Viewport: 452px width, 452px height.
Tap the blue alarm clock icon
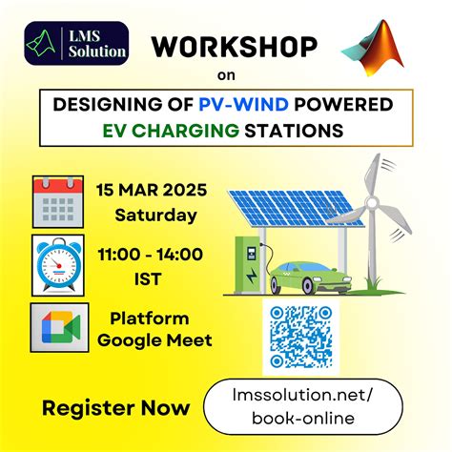60,262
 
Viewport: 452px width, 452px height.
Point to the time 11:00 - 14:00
149,253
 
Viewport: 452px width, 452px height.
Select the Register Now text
115,408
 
